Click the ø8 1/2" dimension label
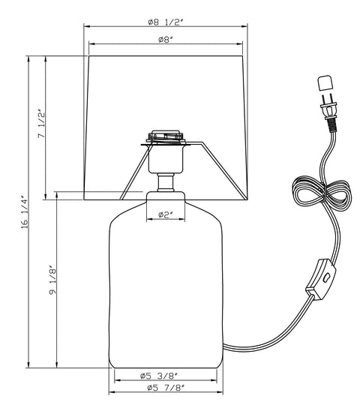[165, 22]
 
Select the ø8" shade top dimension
[166, 40]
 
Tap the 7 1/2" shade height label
[41, 124]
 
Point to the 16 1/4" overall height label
[24, 211]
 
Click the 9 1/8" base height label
[52, 280]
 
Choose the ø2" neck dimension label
[166, 214]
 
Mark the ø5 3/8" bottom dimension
[159, 376]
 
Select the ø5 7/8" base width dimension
[166, 388]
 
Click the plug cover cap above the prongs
[325, 82]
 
